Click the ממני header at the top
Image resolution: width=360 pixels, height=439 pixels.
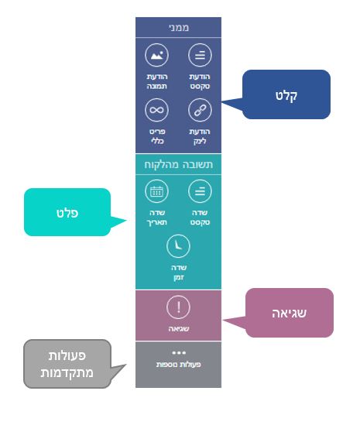pos(179,27)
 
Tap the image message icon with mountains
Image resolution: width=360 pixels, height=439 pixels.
pos(156,55)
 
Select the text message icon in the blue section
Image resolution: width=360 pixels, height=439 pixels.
pos(200,55)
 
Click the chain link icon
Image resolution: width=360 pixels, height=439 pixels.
pos(200,110)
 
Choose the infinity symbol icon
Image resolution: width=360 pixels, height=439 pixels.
pos(156,110)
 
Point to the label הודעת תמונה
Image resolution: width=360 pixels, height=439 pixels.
pos(156,81)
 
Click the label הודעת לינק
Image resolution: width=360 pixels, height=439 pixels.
pos(200,136)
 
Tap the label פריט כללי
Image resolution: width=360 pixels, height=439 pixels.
pos(157,136)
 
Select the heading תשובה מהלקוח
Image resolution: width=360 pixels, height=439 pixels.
pos(179,164)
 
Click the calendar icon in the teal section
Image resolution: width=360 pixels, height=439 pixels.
pos(156,191)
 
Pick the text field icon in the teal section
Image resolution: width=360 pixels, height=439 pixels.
pos(200,191)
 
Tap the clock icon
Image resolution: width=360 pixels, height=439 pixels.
pos(178,246)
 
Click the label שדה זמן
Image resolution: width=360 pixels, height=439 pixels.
pos(179,273)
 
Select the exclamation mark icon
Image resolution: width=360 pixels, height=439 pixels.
pos(178,307)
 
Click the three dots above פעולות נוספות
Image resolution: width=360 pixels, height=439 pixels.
pos(179,353)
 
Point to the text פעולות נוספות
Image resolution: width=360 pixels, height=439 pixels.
pos(179,365)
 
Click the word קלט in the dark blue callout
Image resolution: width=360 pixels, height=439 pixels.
pos(286,96)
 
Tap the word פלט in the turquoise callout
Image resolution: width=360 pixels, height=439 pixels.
pos(67,213)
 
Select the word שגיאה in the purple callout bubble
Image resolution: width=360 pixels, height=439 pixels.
pos(290,313)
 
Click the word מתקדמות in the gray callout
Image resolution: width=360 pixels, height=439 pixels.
pos(67,373)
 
